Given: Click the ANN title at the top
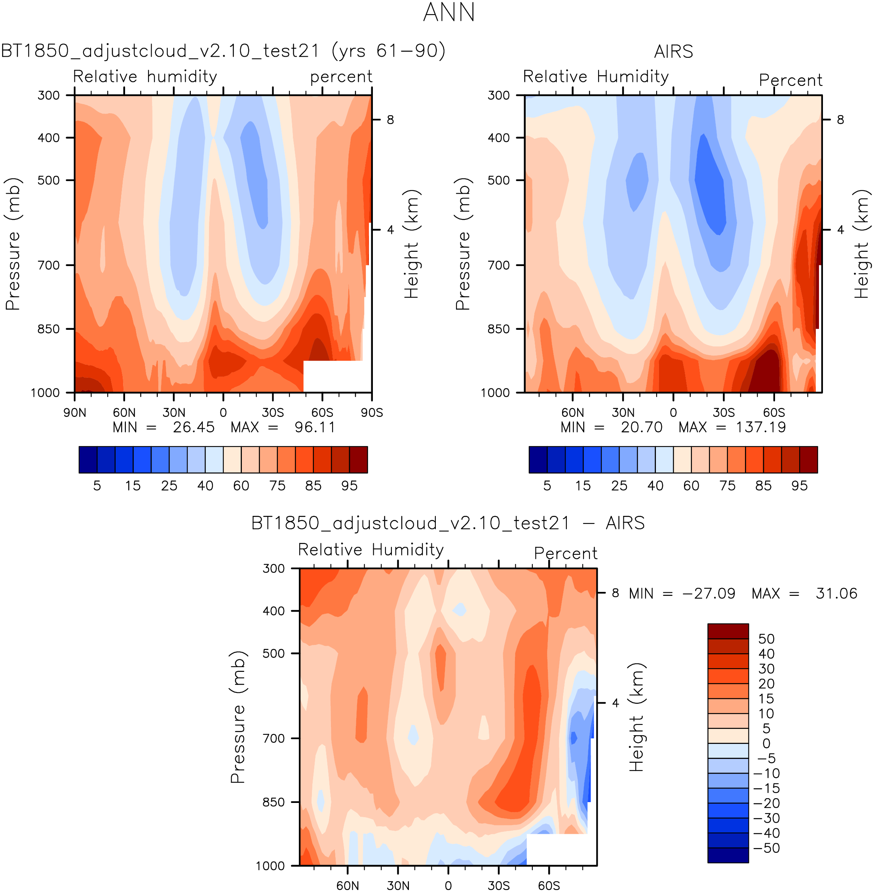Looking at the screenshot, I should pos(448,12).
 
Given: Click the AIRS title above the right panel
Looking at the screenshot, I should pos(673,51).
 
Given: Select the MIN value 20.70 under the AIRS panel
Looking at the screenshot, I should pos(641,428).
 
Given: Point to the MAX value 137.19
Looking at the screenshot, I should pos(761,428).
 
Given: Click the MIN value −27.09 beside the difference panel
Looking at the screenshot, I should pos(708,593).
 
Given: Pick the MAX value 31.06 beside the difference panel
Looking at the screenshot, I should pos(836,593).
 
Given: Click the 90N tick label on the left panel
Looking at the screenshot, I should pos(75,412).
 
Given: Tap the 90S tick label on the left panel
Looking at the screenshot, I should pos(371,412).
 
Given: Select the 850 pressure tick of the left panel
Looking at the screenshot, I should pos(48,329).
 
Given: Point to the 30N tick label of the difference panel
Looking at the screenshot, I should pos(397,886).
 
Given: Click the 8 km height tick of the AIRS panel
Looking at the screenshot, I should pos(840,120).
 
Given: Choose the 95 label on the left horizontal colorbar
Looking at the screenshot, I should pos(350,486).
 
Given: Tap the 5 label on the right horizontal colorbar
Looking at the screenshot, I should pos(547,486).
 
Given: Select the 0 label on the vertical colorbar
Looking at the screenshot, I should pos(766,743).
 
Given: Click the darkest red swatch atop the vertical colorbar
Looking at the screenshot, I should pos(728,631).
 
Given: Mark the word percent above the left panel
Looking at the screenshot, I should pos(341,77).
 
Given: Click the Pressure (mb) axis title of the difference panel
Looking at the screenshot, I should pos(238,717).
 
